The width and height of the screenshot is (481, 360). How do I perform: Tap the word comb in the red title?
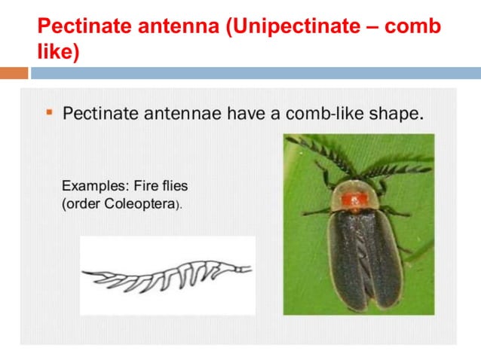(x=412, y=28)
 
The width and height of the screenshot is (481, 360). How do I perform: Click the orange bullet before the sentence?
(x=49, y=113)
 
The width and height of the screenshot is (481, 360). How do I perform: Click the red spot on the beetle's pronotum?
(x=352, y=200)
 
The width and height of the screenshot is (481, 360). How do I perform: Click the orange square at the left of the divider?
(x=14, y=73)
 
